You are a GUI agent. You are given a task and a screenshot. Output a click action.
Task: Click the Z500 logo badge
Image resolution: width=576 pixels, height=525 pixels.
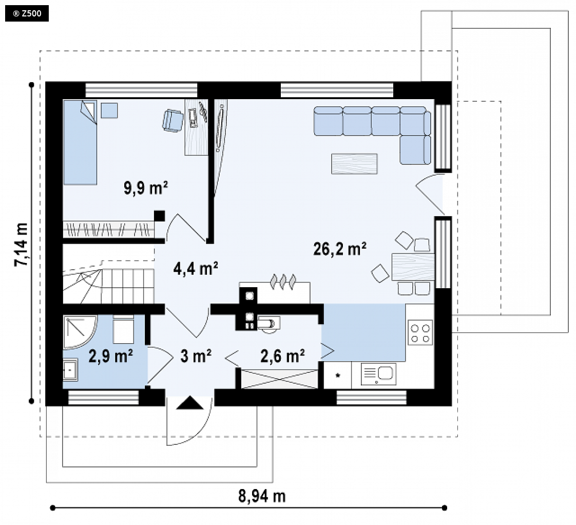coord(27,14)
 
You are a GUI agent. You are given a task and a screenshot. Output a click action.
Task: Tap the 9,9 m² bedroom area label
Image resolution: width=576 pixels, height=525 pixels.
coord(146,188)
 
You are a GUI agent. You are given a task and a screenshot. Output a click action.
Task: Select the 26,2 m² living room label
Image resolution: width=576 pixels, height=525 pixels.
coord(340,249)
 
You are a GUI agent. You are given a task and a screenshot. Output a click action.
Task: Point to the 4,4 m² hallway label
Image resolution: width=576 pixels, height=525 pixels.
coord(196,269)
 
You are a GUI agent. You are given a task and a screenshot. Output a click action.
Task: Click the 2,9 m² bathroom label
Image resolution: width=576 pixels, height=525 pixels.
coord(110,356)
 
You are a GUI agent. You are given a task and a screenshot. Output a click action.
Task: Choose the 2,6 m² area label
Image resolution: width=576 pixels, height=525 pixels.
coord(282,356)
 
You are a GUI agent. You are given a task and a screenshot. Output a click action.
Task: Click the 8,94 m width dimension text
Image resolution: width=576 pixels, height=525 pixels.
coord(262,496)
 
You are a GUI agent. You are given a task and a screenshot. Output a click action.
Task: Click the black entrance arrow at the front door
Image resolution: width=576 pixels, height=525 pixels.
coord(190,403)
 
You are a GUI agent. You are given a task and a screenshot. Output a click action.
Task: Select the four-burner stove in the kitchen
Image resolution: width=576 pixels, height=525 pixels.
coord(420,333)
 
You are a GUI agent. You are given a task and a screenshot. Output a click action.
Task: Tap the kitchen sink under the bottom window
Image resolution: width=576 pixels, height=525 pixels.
coord(378,374)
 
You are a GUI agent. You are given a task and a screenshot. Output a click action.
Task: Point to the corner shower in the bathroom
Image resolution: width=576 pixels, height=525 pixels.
coord(80,332)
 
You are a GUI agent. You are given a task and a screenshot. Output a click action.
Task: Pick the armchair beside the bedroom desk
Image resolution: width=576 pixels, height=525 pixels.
coord(172,120)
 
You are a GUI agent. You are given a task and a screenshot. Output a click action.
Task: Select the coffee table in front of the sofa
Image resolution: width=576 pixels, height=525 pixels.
coord(355,163)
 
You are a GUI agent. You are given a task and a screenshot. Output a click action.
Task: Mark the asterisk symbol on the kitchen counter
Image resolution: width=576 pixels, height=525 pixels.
coord(338,376)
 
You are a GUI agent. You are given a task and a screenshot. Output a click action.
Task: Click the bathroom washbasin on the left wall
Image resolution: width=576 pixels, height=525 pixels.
coord(70,370)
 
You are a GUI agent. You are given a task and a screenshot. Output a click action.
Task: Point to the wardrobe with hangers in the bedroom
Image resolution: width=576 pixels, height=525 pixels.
coord(108,230)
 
